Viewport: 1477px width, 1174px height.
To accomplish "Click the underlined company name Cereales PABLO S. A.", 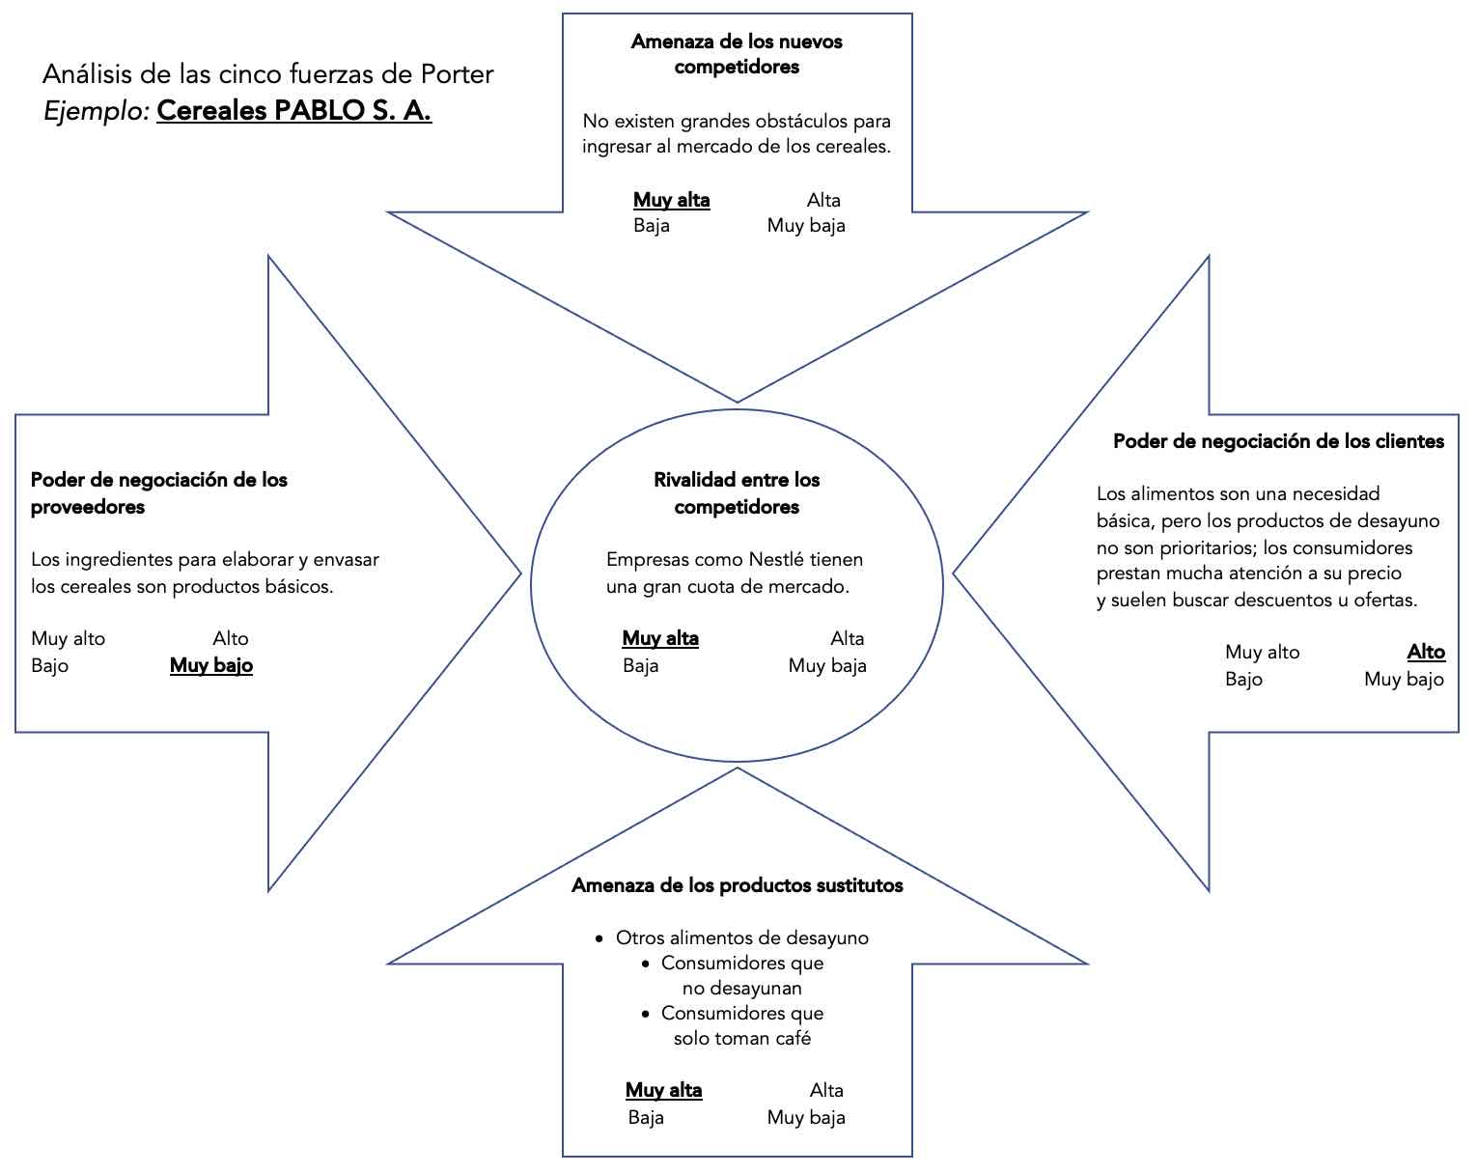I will [293, 111].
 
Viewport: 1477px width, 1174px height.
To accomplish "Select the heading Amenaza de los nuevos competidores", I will [737, 54].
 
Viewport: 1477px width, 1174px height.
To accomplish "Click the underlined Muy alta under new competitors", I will [671, 200].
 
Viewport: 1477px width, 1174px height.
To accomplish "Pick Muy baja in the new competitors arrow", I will [806, 226].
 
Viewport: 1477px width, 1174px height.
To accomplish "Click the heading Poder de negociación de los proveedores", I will [159, 492].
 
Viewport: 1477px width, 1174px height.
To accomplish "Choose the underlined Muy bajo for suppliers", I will [211, 665].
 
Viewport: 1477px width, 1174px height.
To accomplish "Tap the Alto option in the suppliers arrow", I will [231, 638].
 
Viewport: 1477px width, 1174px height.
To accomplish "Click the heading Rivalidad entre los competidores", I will [737, 492].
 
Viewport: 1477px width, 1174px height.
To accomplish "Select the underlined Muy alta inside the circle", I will [660, 638].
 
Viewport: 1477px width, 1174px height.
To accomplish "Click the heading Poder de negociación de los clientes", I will [1278, 441].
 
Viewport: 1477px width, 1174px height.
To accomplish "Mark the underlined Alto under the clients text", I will [1426, 652].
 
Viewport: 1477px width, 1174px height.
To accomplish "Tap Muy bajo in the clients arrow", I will [1404, 679].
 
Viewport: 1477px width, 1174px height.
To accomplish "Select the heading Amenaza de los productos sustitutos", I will [737, 885].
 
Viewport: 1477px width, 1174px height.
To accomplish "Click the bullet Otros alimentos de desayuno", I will [741, 937].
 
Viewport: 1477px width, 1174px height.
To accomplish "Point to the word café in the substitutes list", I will [792, 1038].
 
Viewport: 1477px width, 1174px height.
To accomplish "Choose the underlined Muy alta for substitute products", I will [663, 1090].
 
